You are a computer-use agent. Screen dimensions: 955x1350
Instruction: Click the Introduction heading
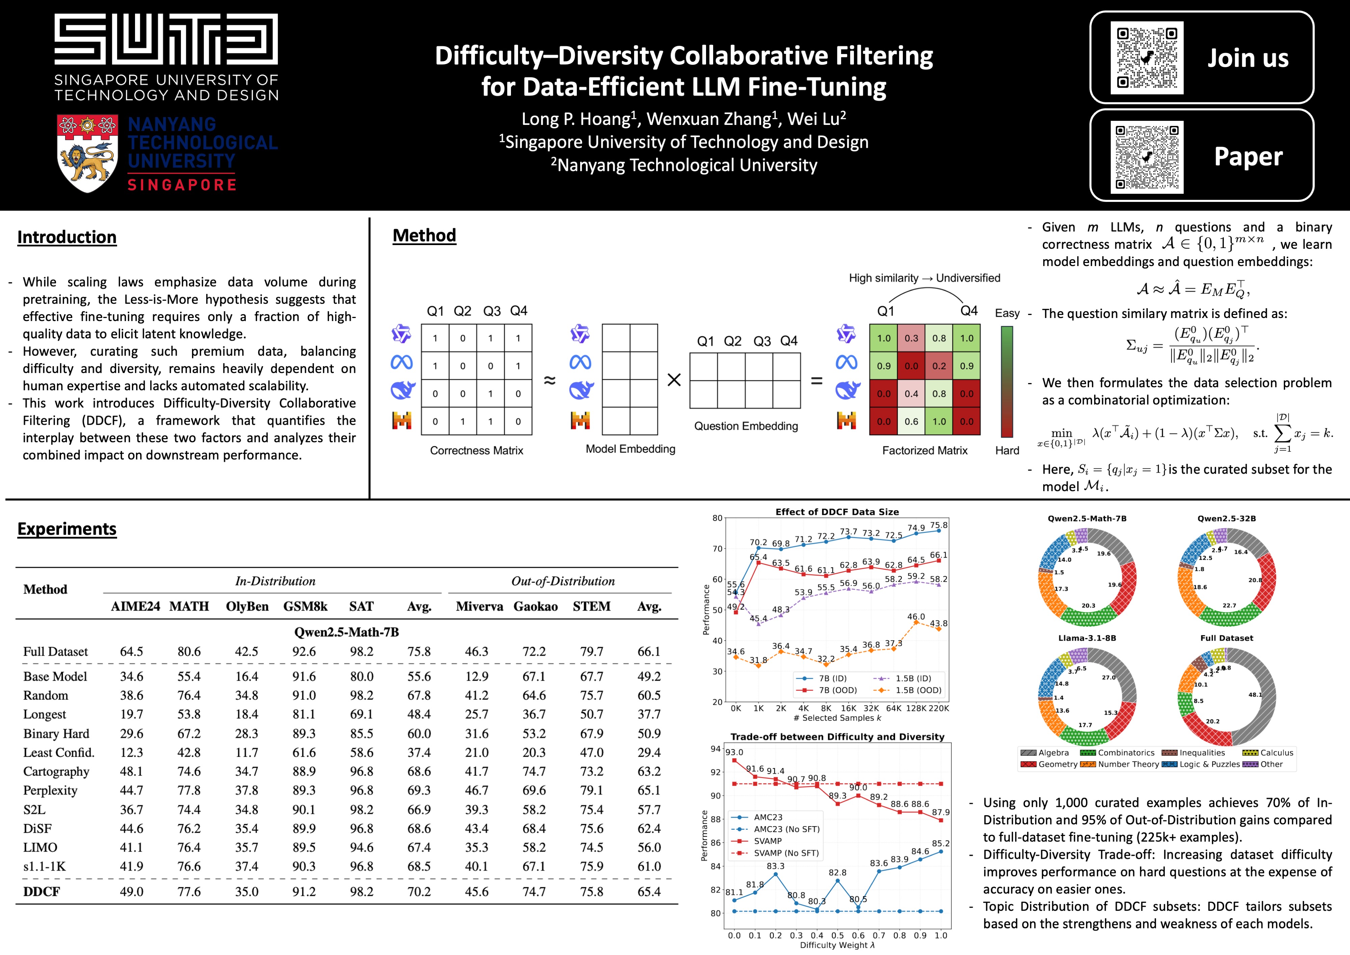(x=67, y=237)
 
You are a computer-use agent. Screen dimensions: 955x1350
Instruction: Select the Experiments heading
(x=67, y=529)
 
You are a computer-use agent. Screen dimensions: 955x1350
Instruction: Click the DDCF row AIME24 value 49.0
(x=132, y=892)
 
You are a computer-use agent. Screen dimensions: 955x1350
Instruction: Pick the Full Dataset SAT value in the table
(x=361, y=652)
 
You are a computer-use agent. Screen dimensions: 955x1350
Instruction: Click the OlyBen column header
(x=247, y=606)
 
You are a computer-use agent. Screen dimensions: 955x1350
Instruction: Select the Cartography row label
(x=56, y=771)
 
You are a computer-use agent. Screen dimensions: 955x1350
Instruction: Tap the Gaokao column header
(x=535, y=606)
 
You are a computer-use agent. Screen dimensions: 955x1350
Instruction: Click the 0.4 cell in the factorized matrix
(x=911, y=393)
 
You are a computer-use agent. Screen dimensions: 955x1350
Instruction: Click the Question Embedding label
(x=746, y=426)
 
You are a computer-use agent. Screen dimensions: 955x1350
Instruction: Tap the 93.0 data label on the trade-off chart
(x=734, y=752)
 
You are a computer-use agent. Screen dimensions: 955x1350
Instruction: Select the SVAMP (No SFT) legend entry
(x=786, y=853)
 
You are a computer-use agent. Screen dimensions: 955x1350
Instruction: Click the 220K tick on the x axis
(x=938, y=708)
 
